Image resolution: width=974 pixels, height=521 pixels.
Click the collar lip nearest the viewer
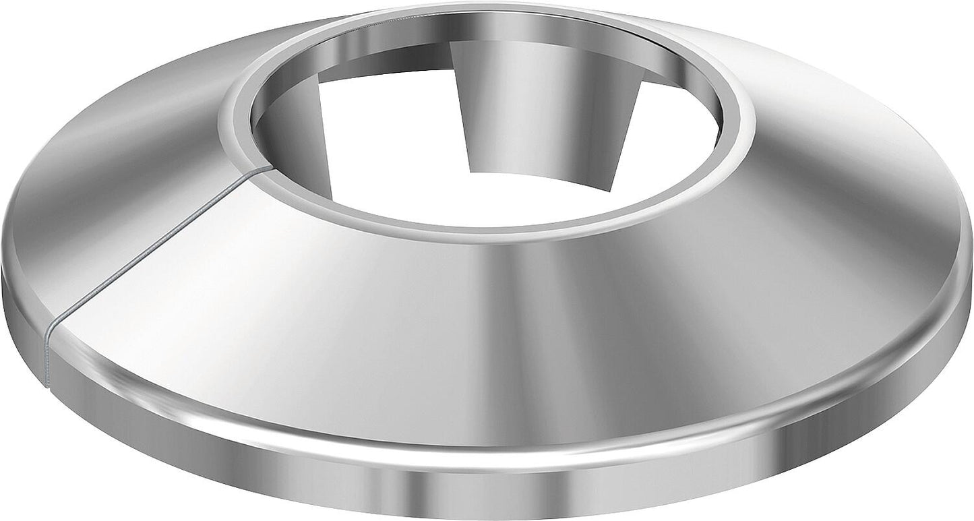click(x=485, y=229)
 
